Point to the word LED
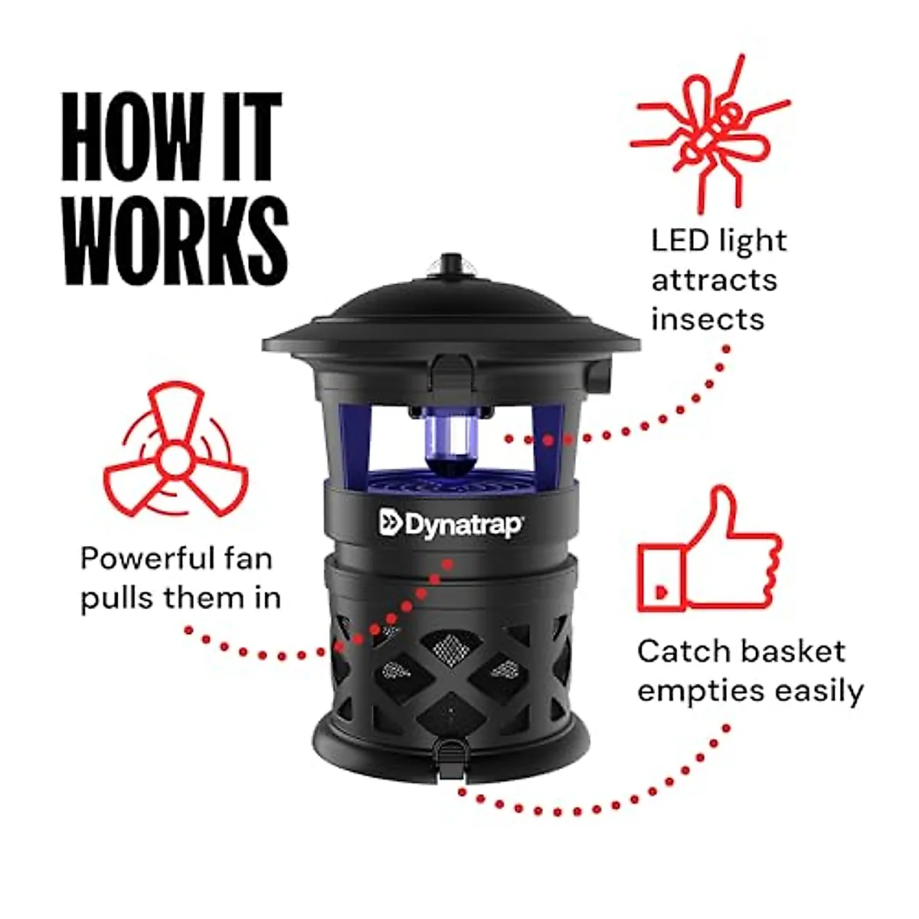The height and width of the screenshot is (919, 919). click(680, 240)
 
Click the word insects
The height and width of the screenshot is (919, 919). click(708, 319)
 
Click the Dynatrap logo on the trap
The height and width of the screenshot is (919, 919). click(451, 525)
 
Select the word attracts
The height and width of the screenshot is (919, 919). click(714, 280)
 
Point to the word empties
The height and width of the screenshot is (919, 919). click(700, 692)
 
